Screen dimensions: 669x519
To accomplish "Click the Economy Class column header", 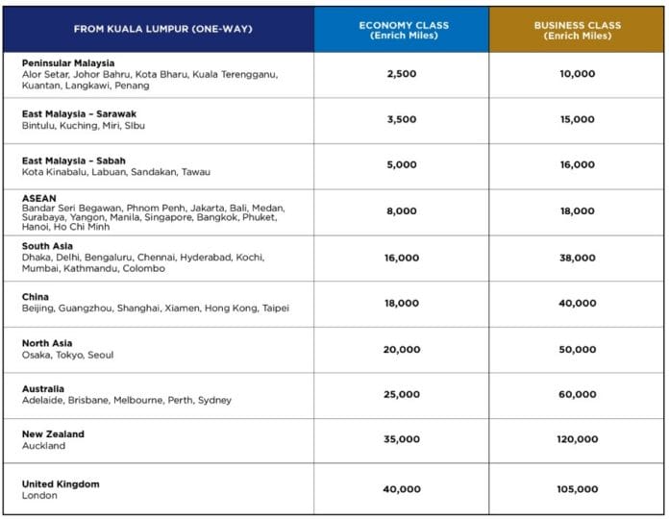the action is coord(404,31).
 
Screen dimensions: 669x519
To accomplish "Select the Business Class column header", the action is coord(578,31).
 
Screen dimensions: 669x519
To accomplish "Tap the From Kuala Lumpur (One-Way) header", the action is coord(163,29).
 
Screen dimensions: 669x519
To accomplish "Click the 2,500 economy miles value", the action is coord(402,74).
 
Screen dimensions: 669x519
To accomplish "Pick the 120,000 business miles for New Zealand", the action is coord(578,439).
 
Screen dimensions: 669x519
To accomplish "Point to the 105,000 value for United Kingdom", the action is coord(578,489).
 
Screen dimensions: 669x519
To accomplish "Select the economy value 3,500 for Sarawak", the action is coord(402,119).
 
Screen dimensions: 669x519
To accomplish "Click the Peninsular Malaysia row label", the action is coord(68,63).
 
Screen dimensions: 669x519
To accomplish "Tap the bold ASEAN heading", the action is coord(38,198).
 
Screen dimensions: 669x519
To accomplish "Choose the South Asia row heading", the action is coord(47,246).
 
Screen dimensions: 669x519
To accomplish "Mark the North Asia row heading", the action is coord(47,343).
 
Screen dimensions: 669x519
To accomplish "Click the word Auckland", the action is coord(43,446).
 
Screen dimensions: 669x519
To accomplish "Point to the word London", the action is coord(39,496).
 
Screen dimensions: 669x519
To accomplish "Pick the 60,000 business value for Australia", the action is coord(578,394).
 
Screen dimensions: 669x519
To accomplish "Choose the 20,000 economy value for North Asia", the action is coord(402,350).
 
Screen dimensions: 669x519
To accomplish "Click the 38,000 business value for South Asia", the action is coord(578,258).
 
